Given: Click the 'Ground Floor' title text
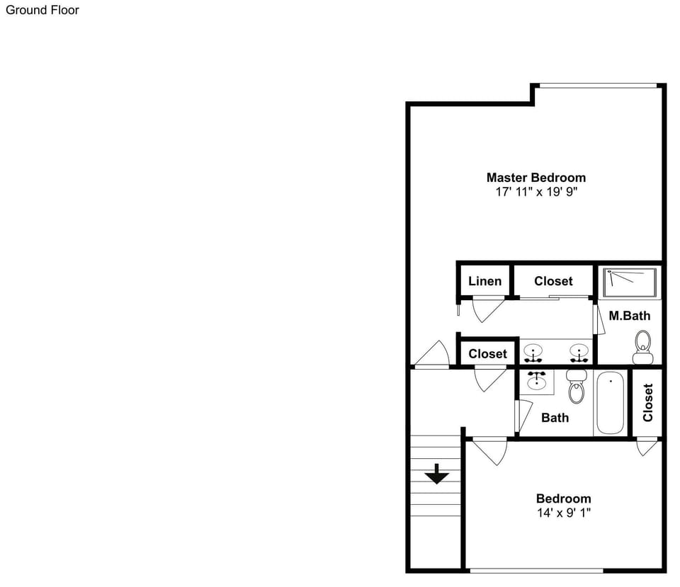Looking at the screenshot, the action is click(42, 10).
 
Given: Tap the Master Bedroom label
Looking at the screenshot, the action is click(536, 177).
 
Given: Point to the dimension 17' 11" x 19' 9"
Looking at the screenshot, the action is click(536, 192).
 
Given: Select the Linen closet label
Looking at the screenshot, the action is click(484, 281).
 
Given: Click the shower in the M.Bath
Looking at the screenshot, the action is click(630, 283).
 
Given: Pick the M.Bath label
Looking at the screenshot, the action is click(629, 316).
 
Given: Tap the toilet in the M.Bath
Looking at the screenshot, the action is click(642, 347).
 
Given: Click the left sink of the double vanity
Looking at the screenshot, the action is click(533, 353).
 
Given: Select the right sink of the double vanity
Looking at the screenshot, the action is click(579, 353).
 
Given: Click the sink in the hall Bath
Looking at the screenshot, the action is click(537, 380).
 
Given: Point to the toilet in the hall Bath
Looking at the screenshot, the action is click(577, 387).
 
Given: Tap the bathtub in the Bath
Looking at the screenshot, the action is click(610, 402).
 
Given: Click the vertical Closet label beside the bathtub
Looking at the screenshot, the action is click(648, 402).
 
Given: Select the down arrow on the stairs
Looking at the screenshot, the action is click(437, 474).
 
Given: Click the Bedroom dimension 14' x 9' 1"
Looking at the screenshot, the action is click(564, 513).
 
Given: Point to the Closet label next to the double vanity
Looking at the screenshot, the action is click(487, 354).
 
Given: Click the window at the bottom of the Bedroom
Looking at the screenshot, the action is click(536, 571).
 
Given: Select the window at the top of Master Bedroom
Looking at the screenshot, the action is click(599, 86).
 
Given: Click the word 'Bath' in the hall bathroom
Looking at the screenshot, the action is click(555, 418).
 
